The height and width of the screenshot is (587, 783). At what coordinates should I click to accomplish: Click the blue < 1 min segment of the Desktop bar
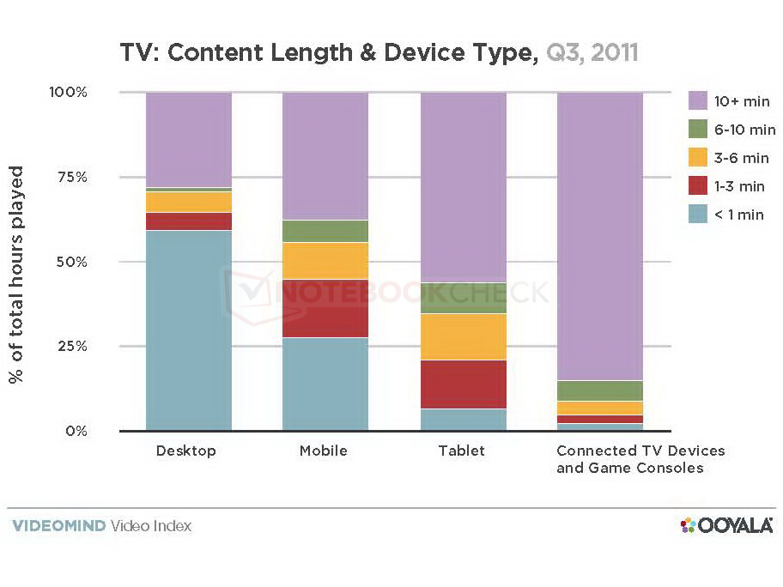point(189,330)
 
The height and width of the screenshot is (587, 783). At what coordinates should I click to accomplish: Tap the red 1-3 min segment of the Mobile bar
point(325,308)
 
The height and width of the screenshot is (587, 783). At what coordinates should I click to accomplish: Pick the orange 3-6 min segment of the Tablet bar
point(463,336)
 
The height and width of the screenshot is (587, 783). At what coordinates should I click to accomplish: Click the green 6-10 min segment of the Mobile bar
point(325,231)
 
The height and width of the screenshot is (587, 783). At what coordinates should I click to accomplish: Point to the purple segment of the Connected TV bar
point(600,235)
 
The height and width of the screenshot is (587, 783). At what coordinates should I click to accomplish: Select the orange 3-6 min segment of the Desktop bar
point(189,202)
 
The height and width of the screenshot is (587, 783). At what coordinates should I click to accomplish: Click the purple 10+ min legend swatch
point(698,102)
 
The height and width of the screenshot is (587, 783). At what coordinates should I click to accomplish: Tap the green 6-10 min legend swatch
point(698,130)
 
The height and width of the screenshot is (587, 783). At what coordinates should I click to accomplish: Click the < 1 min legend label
point(738,215)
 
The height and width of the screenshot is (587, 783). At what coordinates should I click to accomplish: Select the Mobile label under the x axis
point(323,451)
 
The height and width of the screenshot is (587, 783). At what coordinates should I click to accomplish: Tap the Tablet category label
point(461,451)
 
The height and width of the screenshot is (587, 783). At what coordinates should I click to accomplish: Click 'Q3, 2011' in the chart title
point(592,53)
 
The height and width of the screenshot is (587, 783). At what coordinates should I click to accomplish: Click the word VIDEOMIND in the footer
point(58,525)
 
